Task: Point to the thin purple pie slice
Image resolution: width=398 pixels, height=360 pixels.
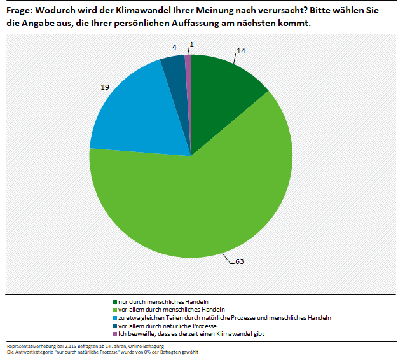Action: pyautogui.click(x=188, y=70)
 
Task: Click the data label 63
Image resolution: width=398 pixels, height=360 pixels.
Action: pyautogui.click(x=240, y=261)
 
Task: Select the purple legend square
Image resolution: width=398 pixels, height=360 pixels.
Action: pyautogui.click(x=114, y=334)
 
